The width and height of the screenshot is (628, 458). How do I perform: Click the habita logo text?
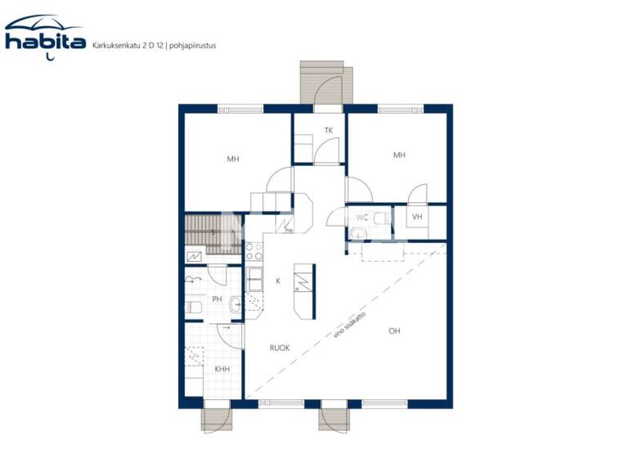(x=45, y=42)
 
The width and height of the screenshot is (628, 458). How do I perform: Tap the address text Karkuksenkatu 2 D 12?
(x=128, y=45)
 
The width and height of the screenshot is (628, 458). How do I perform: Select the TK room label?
(x=329, y=131)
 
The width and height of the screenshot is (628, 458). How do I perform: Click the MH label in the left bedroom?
(x=233, y=159)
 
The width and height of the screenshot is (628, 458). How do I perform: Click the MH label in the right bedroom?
(x=399, y=155)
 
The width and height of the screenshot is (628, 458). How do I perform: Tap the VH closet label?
(x=417, y=217)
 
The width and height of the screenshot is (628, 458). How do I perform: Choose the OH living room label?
(x=394, y=331)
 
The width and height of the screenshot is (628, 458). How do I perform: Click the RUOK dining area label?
(x=280, y=348)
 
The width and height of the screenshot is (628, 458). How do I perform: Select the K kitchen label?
(x=278, y=281)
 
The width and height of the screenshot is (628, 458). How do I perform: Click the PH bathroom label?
(x=217, y=299)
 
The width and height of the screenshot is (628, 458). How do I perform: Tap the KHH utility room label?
(x=222, y=370)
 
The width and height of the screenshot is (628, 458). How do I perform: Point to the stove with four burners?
(x=253, y=250)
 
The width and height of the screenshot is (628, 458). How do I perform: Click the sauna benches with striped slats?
(x=200, y=229)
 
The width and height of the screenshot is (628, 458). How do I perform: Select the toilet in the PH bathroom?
(x=195, y=308)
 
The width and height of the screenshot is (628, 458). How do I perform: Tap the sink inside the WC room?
(x=357, y=235)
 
